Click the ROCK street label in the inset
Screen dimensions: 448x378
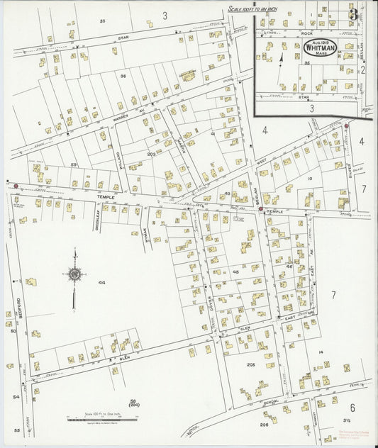click(306, 33)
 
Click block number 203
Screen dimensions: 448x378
click(151, 153)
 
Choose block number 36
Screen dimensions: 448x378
click(123, 75)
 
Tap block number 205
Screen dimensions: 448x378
click(250, 364)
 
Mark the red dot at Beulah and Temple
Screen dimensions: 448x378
click(261, 209)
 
